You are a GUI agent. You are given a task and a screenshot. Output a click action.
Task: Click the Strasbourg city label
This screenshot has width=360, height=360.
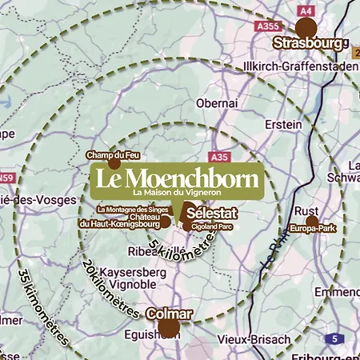pos(310,43)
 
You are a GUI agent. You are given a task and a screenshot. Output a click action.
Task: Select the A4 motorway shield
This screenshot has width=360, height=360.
pos(304,10)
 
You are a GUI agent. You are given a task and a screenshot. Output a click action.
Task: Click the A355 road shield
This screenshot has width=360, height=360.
pos(267,26)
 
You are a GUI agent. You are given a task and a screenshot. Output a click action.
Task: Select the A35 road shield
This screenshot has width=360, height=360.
pos(221,157)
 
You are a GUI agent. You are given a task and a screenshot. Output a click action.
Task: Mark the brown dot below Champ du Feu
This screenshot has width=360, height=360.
pos(114,164)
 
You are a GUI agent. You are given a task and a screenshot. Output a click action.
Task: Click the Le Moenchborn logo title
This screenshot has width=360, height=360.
pos(176,177)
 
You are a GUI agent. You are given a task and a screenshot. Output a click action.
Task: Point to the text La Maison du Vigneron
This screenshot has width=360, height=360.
pos(176,192)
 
